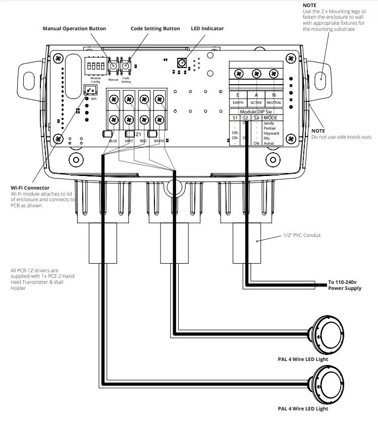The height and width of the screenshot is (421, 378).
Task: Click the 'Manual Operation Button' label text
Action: [74, 29]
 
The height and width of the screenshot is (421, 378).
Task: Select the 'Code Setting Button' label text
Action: [155, 29]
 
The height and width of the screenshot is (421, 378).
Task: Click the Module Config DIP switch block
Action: [95, 65]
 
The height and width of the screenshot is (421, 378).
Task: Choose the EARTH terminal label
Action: [238, 102]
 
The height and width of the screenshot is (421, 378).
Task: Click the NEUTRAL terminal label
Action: [274, 102]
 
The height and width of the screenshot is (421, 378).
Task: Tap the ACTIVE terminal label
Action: [256, 102]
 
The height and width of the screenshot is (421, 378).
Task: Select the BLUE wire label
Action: [113, 141]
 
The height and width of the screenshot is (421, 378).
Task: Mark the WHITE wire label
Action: [159, 141]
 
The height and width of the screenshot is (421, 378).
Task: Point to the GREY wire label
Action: [128, 141]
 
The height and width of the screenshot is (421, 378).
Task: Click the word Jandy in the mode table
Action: [269, 124]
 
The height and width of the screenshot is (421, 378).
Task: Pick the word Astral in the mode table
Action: [269, 143]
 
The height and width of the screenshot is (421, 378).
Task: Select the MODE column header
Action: [271, 117]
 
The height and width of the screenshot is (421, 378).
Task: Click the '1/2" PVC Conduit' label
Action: [301, 235]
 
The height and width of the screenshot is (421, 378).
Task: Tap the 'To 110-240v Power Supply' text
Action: [345, 285]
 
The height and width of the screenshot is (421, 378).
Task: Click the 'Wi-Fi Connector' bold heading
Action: [30, 188]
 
